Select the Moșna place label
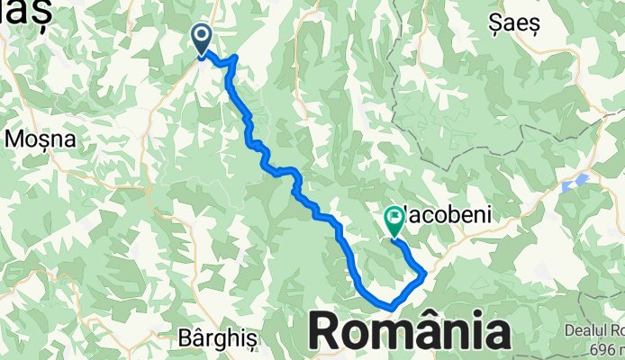(33, 139)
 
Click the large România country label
(410, 332)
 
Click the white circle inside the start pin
(202, 36)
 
